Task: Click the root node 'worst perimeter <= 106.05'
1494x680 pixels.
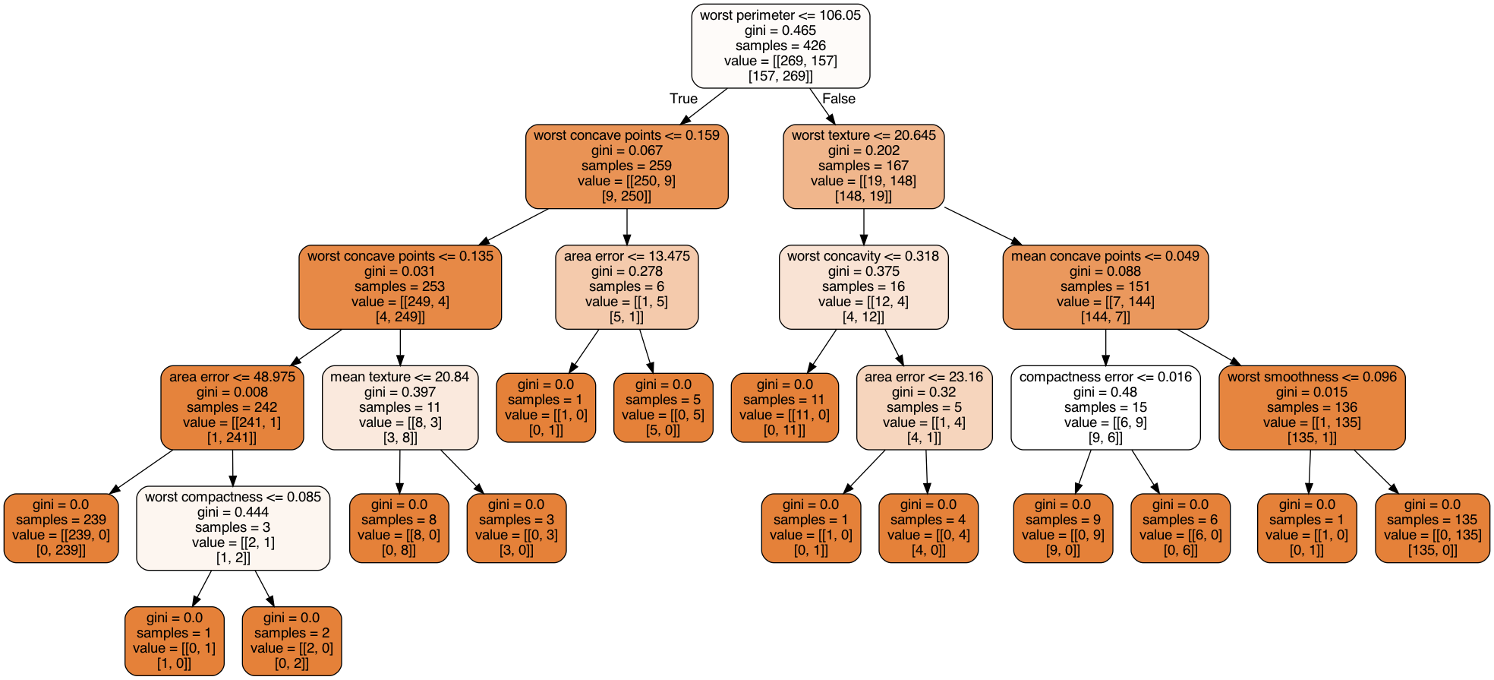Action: click(780, 46)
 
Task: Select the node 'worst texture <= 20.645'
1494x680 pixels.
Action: click(864, 166)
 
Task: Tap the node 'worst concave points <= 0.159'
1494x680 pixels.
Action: click(627, 166)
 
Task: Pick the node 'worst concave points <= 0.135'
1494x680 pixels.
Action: click(400, 286)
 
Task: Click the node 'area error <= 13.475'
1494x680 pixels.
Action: click(627, 286)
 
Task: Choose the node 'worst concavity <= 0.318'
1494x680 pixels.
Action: click(864, 286)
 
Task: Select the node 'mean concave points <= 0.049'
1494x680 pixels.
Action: click(1105, 286)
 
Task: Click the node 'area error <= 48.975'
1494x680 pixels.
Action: click(232, 407)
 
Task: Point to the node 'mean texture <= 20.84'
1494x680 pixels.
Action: click(400, 407)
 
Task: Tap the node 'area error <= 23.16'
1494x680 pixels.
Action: click(924, 407)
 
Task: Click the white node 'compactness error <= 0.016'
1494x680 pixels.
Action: click(1105, 407)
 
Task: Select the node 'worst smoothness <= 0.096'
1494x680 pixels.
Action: click(1312, 407)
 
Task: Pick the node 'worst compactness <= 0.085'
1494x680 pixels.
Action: click(233, 528)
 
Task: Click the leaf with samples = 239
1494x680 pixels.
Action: click(61, 528)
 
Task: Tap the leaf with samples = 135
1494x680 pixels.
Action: click(1433, 528)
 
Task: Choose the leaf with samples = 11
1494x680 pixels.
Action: click(785, 407)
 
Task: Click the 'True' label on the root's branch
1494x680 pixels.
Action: click(683, 99)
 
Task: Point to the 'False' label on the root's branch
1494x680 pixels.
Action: click(839, 99)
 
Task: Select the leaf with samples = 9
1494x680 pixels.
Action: click(1063, 528)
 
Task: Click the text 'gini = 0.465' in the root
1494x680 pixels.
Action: click(780, 30)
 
